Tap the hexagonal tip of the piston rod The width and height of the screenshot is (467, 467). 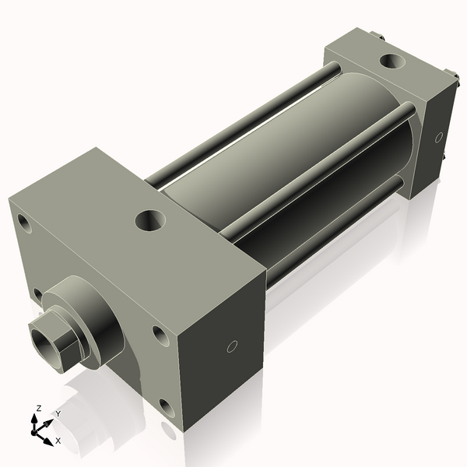(48, 345)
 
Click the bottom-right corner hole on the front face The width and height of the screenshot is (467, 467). (166, 405)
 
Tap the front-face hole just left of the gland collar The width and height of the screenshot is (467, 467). (37, 294)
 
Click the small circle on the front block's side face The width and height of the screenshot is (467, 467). (230, 347)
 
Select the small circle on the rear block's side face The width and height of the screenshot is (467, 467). (439, 138)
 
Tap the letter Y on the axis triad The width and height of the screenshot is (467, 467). (58, 413)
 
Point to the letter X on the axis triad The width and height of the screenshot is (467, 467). (58, 441)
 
